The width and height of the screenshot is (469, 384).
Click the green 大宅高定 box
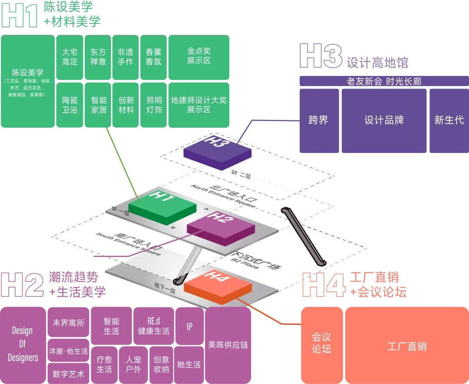(x=69, y=56)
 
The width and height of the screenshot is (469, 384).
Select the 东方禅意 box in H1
(x=98, y=56)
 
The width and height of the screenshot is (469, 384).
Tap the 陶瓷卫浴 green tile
(x=69, y=105)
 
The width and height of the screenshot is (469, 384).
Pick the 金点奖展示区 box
(x=198, y=56)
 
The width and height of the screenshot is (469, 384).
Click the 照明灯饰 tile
(x=153, y=105)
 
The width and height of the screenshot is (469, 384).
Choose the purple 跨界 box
(x=319, y=120)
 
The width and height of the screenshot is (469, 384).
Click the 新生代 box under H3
(x=449, y=120)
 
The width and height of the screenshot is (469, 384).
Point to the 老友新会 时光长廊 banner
(x=384, y=81)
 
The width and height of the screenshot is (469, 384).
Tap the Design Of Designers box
(x=23, y=344)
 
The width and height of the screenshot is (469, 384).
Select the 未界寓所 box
(x=68, y=323)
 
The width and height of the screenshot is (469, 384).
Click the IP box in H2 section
(x=189, y=326)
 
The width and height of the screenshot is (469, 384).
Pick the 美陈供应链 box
(x=228, y=345)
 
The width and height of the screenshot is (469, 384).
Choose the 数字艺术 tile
(x=68, y=374)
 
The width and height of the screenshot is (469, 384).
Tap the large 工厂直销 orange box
(x=407, y=346)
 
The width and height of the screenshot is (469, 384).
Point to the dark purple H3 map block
(x=217, y=148)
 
